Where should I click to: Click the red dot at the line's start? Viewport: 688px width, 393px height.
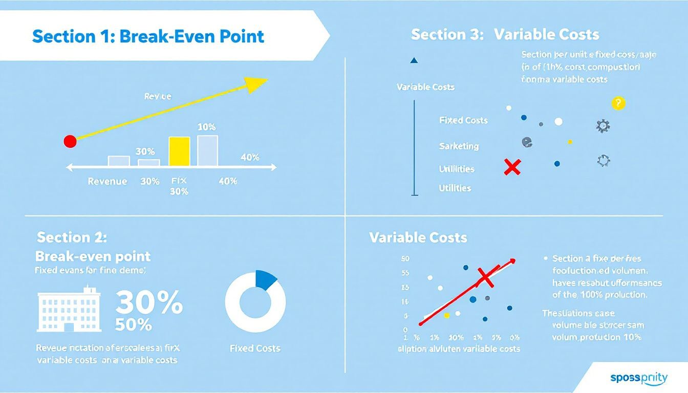point(70,142)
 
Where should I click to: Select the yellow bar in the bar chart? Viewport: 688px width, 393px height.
point(179,151)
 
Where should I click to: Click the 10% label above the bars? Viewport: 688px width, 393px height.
point(206,126)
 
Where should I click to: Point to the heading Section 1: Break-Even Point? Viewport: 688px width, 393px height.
point(148,37)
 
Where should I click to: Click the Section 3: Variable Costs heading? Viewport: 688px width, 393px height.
point(505,35)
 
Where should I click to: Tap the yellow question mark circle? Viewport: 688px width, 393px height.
point(618,103)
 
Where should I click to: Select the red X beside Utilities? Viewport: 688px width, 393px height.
point(512,167)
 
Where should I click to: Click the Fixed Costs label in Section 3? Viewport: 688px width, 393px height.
point(463,120)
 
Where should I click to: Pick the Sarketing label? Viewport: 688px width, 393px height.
point(459,146)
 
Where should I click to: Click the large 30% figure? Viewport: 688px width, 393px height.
point(148,302)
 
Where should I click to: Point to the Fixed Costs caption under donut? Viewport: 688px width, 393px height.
point(255,348)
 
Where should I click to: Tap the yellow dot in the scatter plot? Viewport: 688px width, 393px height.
point(446,316)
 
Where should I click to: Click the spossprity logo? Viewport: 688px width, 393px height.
point(638,378)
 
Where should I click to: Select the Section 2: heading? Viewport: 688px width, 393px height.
point(72,237)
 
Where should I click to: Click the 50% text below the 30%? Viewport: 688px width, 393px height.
point(133,324)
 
